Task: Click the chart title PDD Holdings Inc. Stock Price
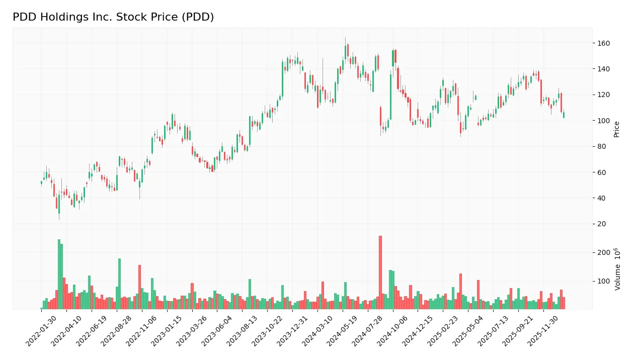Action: (x=113, y=17)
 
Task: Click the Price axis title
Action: (x=616, y=129)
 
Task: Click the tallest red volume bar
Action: (x=380, y=272)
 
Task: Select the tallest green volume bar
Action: (x=59, y=274)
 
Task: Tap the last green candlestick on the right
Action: (x=564, y=115)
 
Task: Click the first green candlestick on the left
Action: (x=41, y=183)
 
